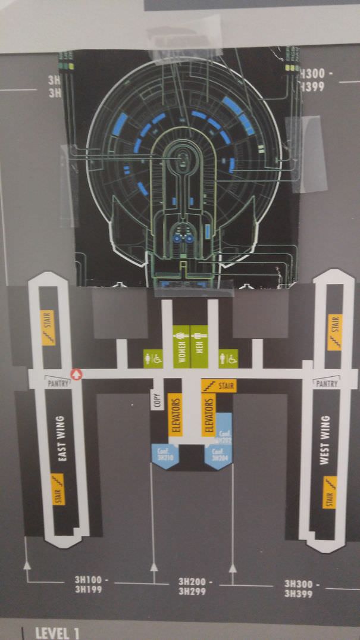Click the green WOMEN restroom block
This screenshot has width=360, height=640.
[x=181, y=346]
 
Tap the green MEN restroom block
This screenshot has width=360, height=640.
[x=199, y=346]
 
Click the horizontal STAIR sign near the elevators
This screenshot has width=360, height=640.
[x=218, y=386]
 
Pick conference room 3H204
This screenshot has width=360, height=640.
[x=220, y=455]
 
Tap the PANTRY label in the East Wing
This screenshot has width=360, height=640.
[x=58, y=383]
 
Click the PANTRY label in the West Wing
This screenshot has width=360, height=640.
[x=326, y=383]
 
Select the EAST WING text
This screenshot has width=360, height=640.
[x=61, y=439]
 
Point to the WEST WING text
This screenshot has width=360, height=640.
[x=325, y=441]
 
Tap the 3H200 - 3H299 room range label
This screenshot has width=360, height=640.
[x=196, y=586]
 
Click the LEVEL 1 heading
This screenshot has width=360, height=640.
[x=57, y=632]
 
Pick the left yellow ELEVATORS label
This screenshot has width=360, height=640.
[x=174, y=414]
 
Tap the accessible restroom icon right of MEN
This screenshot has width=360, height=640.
[x=228, y=358]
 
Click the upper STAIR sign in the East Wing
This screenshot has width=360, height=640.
[x=48, y=327]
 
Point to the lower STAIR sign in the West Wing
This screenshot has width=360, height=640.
[x=330, y=492]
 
